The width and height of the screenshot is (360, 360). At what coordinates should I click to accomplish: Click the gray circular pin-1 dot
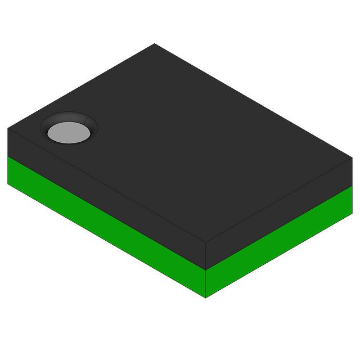tap(69, 132)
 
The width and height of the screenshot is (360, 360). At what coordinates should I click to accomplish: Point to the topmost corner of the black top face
tap(155, 44)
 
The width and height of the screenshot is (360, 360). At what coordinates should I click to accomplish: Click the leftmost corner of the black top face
tap(8, 129)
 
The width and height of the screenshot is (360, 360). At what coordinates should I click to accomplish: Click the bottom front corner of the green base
tap(206, 298)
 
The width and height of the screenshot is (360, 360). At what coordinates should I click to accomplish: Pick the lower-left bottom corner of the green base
tap(8, 183)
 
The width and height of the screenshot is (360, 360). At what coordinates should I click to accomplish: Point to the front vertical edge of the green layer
tap(206, 284)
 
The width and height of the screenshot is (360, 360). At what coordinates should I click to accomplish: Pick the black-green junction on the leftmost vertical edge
tap(8, 156)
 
